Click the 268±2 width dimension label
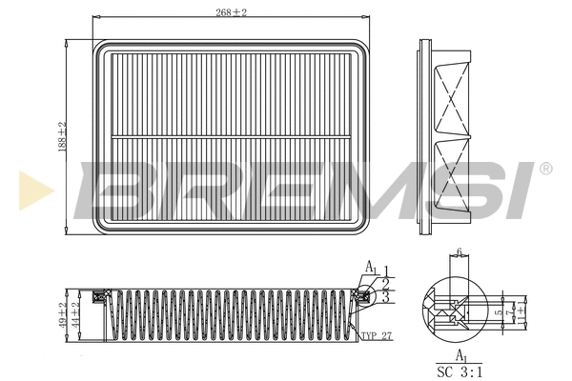tap(231, 12)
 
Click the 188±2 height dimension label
tap(62, 137)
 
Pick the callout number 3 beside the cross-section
tap(385, 298)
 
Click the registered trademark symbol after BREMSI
tap(545, 169)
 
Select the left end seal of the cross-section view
tap(99, 297)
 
